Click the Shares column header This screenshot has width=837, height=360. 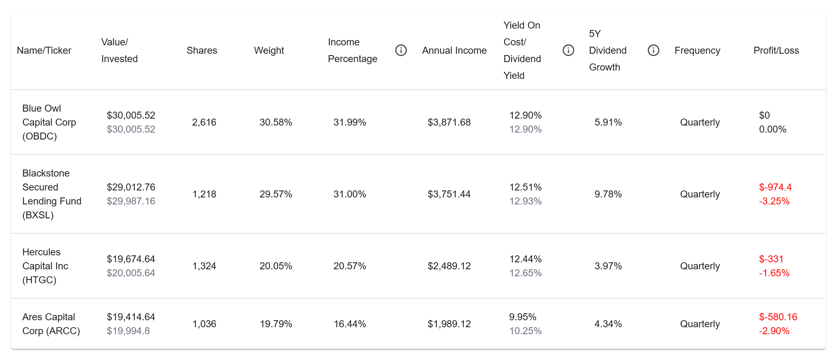(x=202, y=51)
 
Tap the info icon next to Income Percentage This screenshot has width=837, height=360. (x=401, y=50)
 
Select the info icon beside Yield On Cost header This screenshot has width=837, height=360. (x=568, y=50)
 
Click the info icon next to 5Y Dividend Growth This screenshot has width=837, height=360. (x=653, y=50)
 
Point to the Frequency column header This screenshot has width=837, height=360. (x=697, y=51)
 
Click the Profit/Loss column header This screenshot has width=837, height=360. (x=776, y=51)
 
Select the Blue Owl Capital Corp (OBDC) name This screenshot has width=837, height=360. (x=49, y=122)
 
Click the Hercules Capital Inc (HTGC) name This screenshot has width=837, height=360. (x=45, y=266)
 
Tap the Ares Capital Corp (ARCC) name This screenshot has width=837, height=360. (x=51, y=324)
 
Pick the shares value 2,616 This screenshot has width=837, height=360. (x=204, y=122)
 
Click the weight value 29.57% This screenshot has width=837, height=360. (x=276, y=194)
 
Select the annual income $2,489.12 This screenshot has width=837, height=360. (x=449, y=266)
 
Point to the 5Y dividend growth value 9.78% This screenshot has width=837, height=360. (x=608, y=194)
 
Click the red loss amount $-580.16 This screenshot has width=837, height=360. (x=778, y=317)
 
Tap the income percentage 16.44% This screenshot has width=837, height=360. (x=350, y=324)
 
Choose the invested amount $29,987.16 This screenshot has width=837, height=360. (x=131, y=201)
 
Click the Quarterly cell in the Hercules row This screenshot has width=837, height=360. (x=700, y=266)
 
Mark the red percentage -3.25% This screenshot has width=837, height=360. (x=774, y=201)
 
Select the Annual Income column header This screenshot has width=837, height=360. (x=454, y=51)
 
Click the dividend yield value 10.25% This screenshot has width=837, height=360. (x=525, y=331)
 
